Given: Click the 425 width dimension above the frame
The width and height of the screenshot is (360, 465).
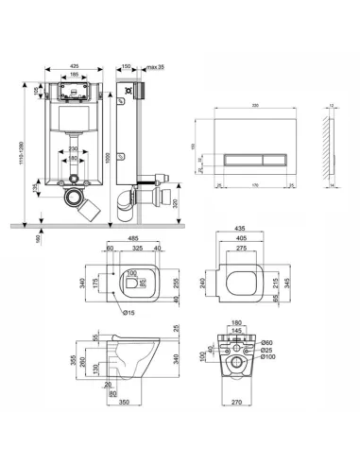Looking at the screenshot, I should point(73,67).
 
